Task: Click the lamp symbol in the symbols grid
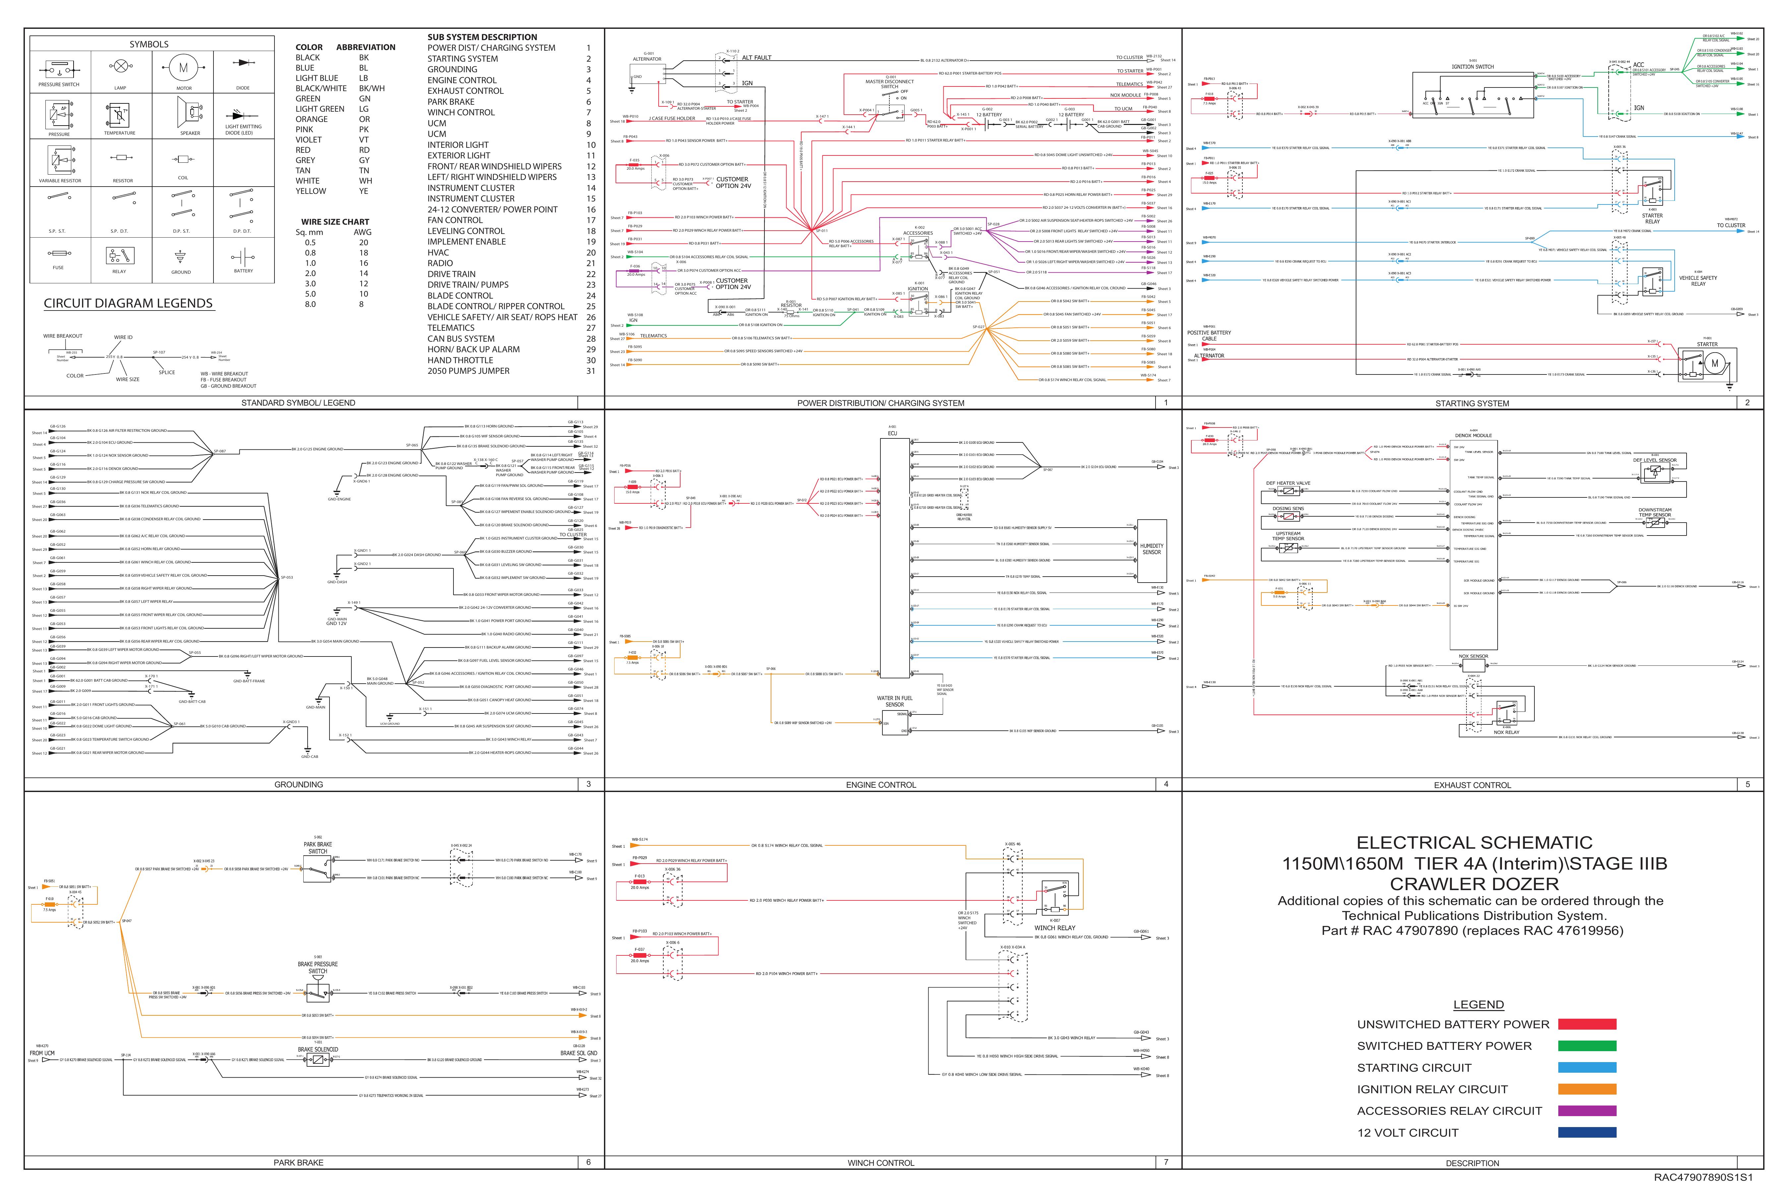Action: click(x=120, y=67)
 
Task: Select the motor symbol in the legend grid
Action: click(x=183, y=68)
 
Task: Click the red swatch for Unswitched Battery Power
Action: click(x=1587, y=1024)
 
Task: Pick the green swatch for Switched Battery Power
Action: click(x=1587, y=1046)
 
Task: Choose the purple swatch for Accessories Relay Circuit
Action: click(x=1587, y=1111)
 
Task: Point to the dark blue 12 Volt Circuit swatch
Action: click(x=1587, y=1132)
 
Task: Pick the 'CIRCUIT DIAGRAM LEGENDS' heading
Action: click(x=128, y=303)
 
